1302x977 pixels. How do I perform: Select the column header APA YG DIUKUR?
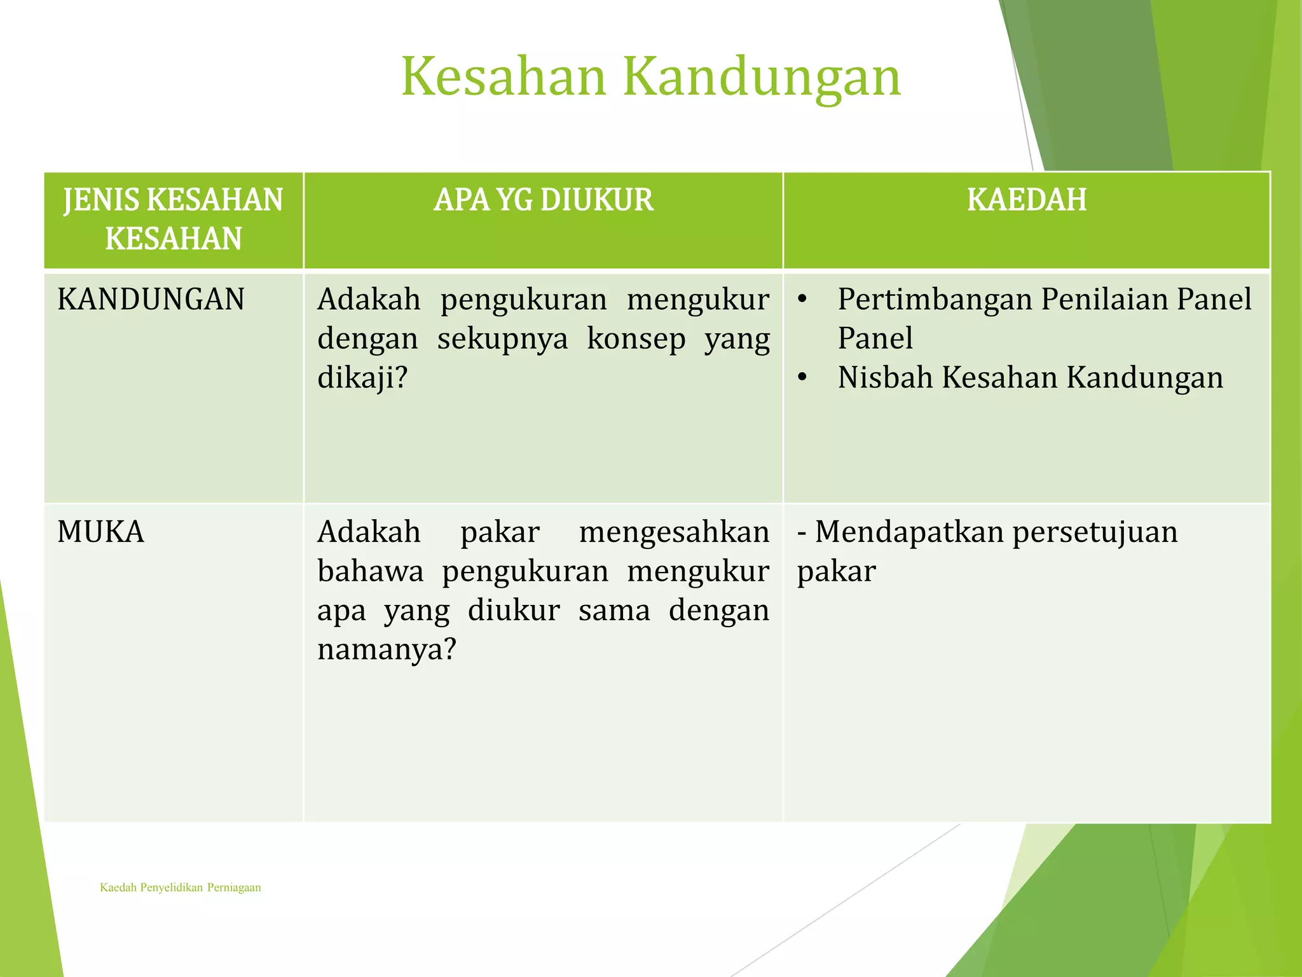(x=543, y=200)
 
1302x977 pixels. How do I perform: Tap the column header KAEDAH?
(x=1026, y=200)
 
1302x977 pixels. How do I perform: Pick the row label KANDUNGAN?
(x=151, y=299)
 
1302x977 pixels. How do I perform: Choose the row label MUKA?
(x=100, y=532)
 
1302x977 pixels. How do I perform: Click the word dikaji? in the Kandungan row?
(x=362, y=378)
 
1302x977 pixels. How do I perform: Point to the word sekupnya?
(x=502, y=338)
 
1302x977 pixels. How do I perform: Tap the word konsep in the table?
(x=636, y=338)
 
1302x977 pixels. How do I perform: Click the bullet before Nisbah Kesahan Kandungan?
(x=802, y=378)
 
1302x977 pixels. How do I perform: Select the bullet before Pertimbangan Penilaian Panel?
(x=802, y=299)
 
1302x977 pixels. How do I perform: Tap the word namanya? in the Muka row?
(x=387, y=649)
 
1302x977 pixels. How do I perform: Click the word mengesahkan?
(x=674, y=532)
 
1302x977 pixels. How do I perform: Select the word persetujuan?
(x=1095, y=532)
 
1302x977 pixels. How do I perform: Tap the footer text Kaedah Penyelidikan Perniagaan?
(x=181, y=887)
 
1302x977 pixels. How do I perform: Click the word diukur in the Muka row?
(x=514, y=611)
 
